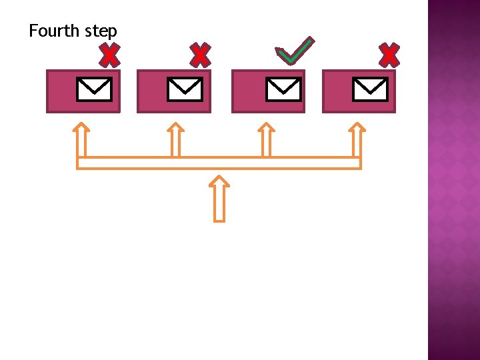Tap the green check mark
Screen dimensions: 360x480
tap(295, 51)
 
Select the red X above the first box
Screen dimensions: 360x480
tap(109, 56)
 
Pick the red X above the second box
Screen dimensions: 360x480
tap(199, 55)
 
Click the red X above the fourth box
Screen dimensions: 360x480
tap(389, 55)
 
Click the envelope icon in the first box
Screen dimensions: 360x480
tap(94, 89)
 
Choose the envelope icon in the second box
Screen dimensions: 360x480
tap(185, 89)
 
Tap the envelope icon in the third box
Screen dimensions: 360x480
tap(283, 89)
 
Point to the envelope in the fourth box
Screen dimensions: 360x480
tap(370, 89)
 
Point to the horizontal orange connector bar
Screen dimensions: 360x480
tap(219, 163)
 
